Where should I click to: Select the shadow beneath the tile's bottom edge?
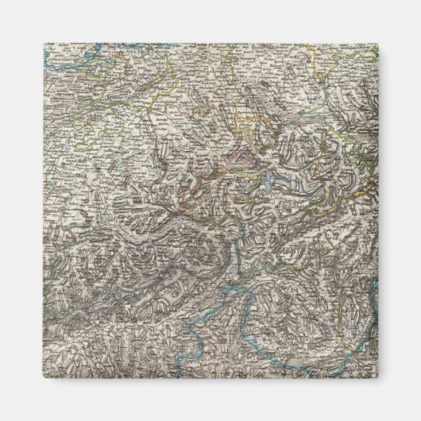[210, 391]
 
